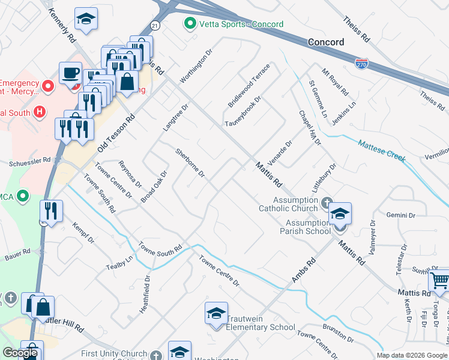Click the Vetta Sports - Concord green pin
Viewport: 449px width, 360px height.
(190, 24)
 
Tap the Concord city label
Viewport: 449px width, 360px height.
(326, 42)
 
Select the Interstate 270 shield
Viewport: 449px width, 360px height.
(361, 63)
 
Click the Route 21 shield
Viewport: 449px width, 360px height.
(155, 26)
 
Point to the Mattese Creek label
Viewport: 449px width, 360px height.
(382, 152)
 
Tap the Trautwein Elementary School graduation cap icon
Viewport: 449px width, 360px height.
(216, 313)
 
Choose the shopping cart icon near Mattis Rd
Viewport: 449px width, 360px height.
(440, 280)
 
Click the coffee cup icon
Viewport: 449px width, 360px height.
(71, 73)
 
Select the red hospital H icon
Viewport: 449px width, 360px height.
(40, 111)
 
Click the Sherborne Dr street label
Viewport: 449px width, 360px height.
(190, 164)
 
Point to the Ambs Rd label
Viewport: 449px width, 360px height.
(304, 271)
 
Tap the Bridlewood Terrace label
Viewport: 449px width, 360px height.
(249, 86)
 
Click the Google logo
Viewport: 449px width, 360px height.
(20, 353)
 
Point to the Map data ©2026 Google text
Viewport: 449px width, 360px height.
(411, 355)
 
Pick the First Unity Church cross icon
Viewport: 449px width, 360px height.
(156, 355)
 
